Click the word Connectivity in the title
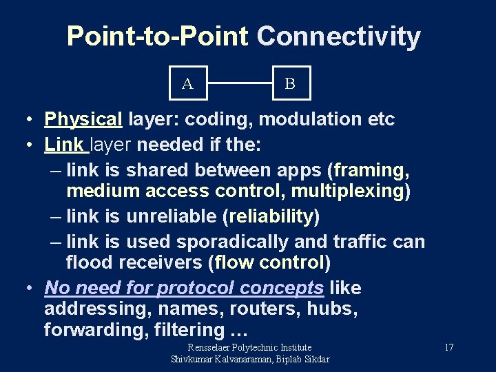[x=338, y=37]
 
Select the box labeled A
[x=187, y=83]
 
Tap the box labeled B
[x=290, y=83]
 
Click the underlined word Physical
[x=83, y=119]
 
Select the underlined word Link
[x=64, y=145]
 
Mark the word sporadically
[x=234, y=242]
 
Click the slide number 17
[x=448, y=348]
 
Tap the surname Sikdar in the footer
[x=312, y=359]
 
